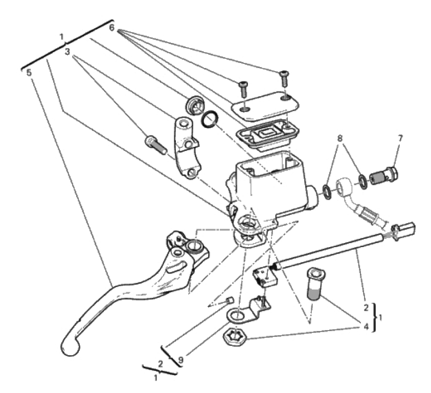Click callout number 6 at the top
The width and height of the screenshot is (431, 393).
coord(111,28)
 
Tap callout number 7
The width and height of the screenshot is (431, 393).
coord(400,139)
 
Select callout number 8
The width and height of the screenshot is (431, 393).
coord(340,139)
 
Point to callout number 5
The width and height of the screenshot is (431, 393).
coord(29,73)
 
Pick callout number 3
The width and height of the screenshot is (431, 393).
coord(67,52)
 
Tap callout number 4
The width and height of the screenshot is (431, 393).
coord(366,327)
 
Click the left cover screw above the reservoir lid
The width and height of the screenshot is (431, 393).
coord(243,89)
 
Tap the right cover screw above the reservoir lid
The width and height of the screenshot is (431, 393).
coord(284,79)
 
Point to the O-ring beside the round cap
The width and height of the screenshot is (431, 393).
coord(211,120)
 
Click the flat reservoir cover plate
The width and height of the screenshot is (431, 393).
coord(265,106)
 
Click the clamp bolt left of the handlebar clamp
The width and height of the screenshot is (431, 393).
coord(156,144)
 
